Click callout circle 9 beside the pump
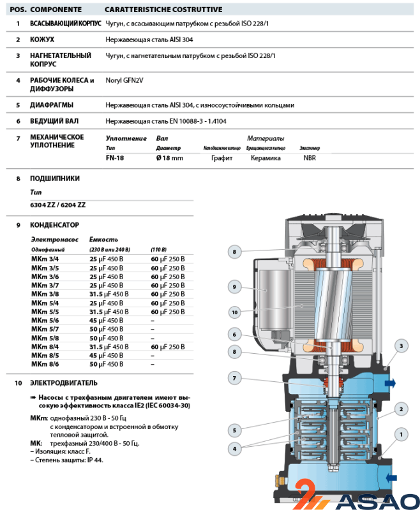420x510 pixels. tap(235, 287)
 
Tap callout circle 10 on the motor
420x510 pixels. tap(235, 312)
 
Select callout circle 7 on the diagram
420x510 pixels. tap(235, 379)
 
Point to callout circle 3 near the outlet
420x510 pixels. tap(401, 346)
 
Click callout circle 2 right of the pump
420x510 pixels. tap(401, 409)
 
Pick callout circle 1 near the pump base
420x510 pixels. tap(401, 435)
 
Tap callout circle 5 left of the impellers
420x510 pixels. tap(235, 429)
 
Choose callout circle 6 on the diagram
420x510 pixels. tap(235, 334)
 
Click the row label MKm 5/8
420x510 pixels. tap(45, 338)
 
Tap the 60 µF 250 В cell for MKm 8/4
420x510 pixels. tap(167, 346)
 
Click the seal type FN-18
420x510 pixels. tap(115, 158)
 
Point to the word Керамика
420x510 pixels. tap(266, 158)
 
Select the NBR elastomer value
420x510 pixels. tap(310, 158)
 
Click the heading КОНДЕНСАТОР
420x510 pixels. tap(54, 225)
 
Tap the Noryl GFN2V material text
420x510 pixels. tap(125, 80)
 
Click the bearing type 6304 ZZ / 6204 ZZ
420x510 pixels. tap(57, 205)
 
